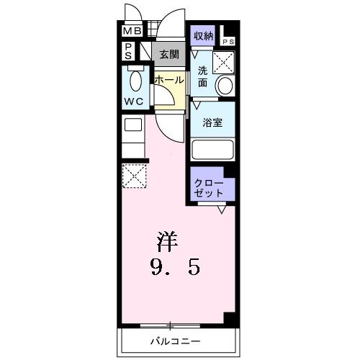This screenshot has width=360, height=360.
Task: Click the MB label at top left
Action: [x=131, y=32]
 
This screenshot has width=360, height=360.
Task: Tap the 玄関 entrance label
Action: [x=169, y=53]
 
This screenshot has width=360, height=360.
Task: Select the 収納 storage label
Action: [x=203, y=35]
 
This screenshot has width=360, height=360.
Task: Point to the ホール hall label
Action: [x=169, y=80]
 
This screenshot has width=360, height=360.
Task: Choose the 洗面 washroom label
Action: [x=203, y=77]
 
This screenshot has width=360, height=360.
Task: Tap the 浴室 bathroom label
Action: [x=212, y=122]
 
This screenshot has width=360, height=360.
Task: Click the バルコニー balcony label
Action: [x=175, y=340]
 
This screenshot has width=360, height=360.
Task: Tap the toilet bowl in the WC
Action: [x=134, y=79]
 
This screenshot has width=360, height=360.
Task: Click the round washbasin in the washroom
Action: [x=225, y=87]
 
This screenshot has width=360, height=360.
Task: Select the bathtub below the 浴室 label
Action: [x=214, y=150]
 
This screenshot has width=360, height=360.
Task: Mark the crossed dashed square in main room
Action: [x=135, y=176]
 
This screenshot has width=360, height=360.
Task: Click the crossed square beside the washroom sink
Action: [x=225, y=64]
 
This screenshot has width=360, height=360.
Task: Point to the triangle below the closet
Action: [x=223, y=210]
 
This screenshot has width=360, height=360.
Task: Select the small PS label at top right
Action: [x=228, y=42]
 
